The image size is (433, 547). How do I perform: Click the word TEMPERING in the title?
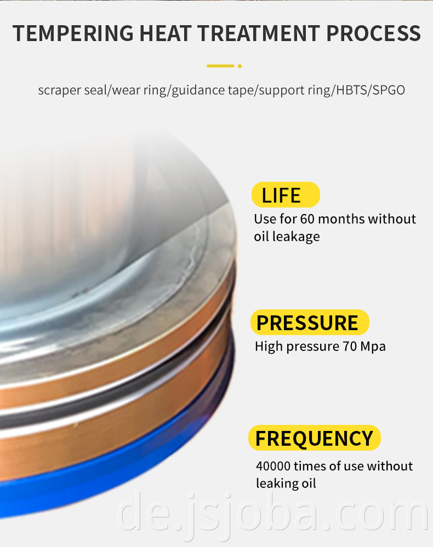[73, 33]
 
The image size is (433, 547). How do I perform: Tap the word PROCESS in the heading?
[373, 33]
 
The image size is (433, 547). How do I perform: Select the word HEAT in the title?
[165, 33]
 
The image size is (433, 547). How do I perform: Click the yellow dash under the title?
[220, 66]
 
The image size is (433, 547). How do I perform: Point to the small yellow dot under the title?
[240, 66]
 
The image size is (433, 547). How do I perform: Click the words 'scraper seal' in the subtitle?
[73, 90]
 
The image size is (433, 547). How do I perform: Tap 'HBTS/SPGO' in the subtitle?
[371, 90]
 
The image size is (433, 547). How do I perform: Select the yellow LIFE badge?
[286, 195]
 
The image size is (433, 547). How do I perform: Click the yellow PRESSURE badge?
[310, 323]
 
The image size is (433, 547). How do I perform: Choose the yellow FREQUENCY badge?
[314, 438]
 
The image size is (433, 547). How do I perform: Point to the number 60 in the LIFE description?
[307, 219]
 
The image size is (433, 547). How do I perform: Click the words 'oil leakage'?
[287, 237]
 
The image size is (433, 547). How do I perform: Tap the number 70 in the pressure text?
[350, 347]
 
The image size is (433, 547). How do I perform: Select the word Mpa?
[373, 347]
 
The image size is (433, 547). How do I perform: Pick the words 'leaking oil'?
[286, 483]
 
